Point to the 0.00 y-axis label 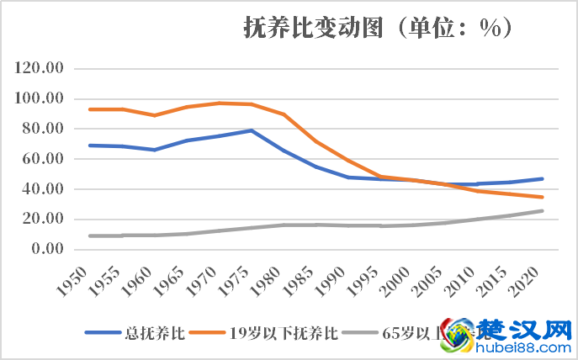click(x=47, y=249)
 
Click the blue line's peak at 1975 click(x=251, y=130)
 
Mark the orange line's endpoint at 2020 click(x=542, y=197)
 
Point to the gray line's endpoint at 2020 click(x=542, y=210)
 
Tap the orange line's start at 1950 click(x=90, y=109)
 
